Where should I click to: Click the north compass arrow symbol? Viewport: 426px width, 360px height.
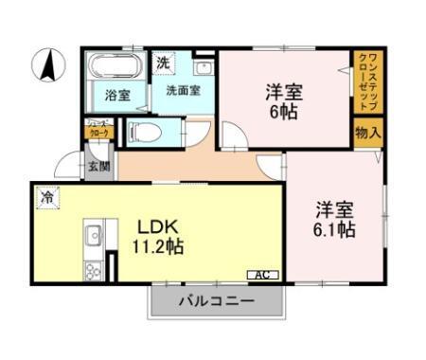tap(45, 67)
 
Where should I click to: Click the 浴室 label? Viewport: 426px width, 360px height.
tap(117, 95)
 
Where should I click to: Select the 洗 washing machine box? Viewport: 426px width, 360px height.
tap(163, 62)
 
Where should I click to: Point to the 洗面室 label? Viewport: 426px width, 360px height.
tap(182, 91)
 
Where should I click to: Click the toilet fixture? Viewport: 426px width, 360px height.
tap(141, 131)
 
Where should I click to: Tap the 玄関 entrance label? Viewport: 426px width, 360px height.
tap(99, 165)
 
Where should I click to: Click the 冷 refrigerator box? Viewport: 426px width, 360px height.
tap(46, 197)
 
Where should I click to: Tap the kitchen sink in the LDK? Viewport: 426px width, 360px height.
tap(94, 234)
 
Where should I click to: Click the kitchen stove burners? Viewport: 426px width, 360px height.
tap(94, 270)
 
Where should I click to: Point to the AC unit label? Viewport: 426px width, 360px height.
tap(262, 275)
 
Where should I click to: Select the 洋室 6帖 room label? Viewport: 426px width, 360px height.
tap(283, 100)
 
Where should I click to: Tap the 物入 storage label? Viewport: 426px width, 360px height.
tap(368, 132)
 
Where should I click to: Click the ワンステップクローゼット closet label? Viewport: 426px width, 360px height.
tap(367, 81)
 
